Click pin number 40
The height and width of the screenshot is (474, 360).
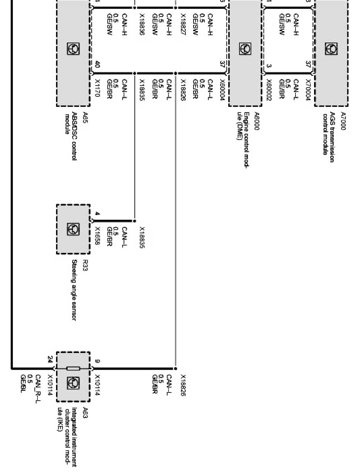click(x=97, y=65)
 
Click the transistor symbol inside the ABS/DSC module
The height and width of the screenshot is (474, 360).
click(x=73, y=49)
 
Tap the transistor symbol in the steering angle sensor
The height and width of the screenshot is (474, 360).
click(x=73, y=228)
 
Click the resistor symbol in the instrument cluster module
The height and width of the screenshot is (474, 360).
click(x=73, y=368)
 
